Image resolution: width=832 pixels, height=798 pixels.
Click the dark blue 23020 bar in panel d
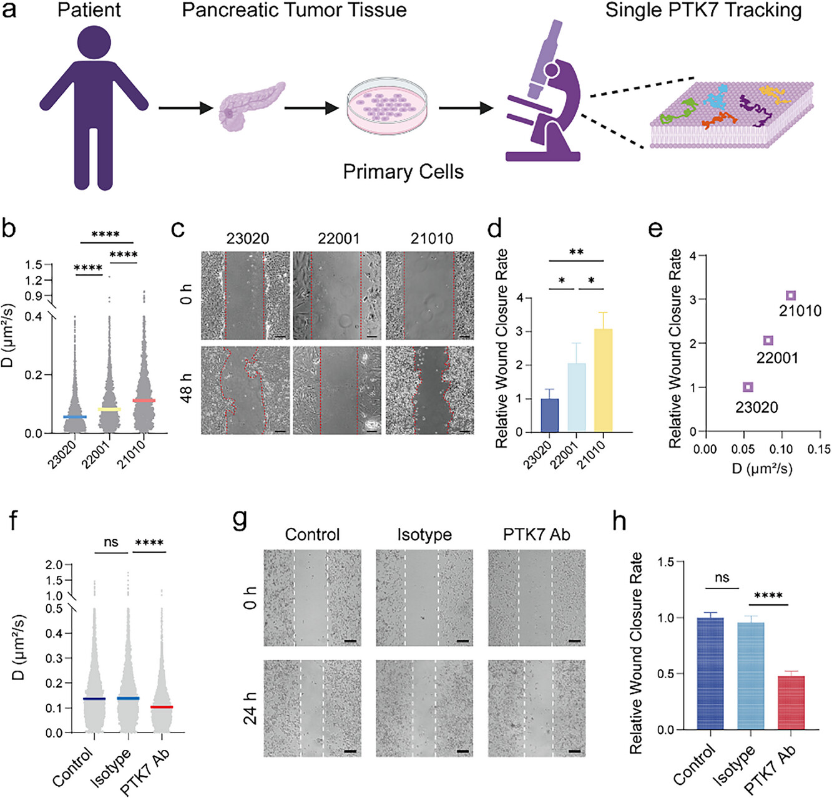click(549, 415)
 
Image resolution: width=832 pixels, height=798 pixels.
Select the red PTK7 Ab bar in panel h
click(790, 703)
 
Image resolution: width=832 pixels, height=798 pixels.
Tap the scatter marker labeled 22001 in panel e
click(768, 340)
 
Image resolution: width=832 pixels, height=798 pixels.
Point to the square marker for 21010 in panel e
click(791, 295)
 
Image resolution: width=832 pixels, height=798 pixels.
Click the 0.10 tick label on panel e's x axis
click(781, 449)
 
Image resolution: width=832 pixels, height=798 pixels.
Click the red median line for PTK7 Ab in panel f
click(162, 707)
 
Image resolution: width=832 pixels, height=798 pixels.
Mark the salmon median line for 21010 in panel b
click(144, 401)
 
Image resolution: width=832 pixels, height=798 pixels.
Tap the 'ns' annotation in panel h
click(722, 578)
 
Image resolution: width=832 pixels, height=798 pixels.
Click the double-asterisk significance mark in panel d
click(576, 252)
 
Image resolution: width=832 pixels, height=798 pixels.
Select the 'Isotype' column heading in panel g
click(424, 535)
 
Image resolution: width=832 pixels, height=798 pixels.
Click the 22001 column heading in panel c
click(339, 238)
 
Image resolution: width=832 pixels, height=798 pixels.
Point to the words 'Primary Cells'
click(403, 172)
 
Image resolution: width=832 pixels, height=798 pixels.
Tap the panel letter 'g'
click(240, 520)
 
